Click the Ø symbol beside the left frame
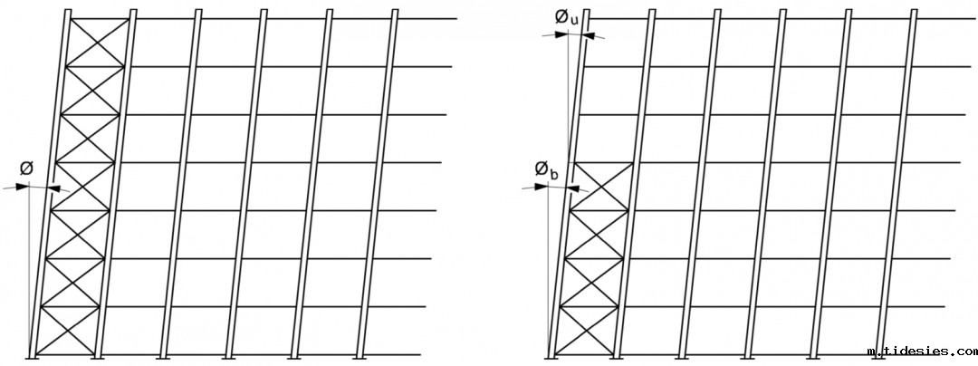(27, 169)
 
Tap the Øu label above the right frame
(567, 17)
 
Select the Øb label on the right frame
(543, 169)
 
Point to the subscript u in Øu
(574, 21)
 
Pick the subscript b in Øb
(551, 172)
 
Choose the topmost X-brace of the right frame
(601, 187)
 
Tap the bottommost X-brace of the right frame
(586, 331)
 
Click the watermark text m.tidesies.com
(920, 352)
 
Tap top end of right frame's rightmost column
(914, 11)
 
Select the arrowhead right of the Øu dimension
(590, 35)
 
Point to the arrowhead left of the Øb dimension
(542, 187)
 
